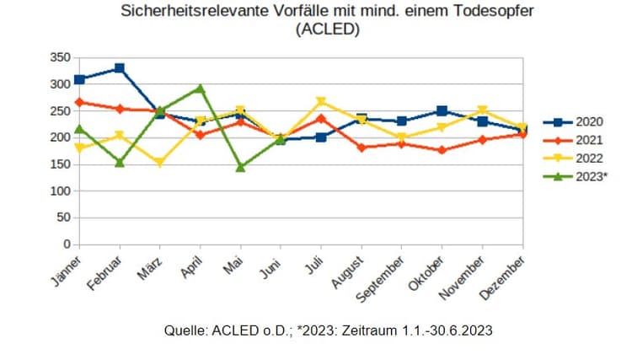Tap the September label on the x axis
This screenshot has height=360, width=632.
pos(382,280)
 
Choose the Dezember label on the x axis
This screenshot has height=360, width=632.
pos(503,277)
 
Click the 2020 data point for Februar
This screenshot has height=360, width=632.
pos(120,68)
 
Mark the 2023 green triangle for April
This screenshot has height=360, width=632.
pos(201,88)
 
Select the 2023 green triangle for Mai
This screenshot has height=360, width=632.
pos(241,167)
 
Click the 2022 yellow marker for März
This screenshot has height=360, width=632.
pos(160,163)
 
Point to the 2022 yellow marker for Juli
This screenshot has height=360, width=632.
pos(321,101)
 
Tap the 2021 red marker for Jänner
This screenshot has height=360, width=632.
pos(79,102)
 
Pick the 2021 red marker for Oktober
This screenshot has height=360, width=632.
pos(442,150)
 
